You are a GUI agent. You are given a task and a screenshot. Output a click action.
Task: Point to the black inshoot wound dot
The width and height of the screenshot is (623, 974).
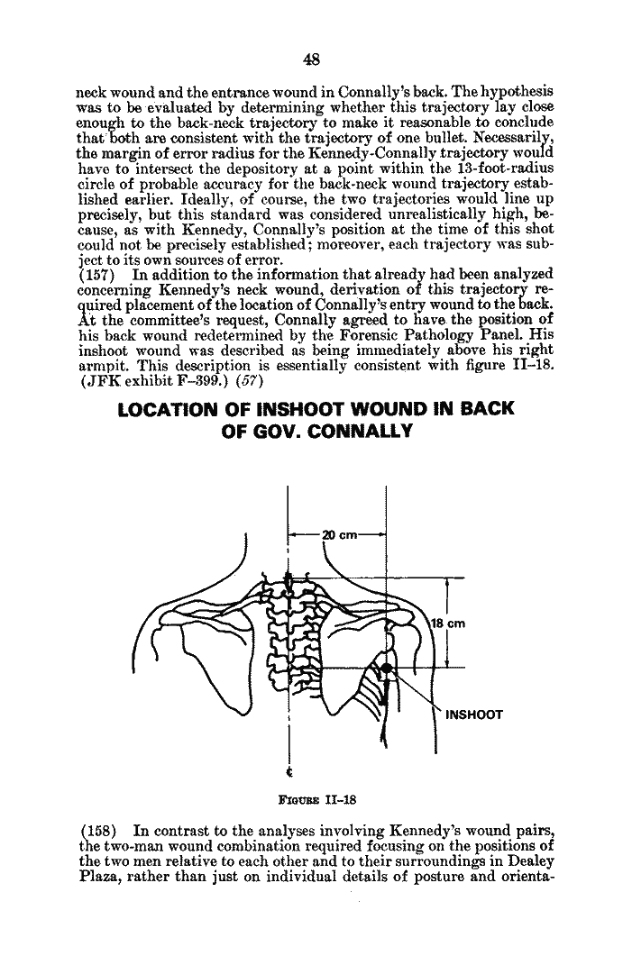(385, 668)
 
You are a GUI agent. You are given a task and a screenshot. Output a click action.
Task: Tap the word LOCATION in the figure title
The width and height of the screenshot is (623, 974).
(162, 408)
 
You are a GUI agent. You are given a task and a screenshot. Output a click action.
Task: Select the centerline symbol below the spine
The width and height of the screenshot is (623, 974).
(289, 772)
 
